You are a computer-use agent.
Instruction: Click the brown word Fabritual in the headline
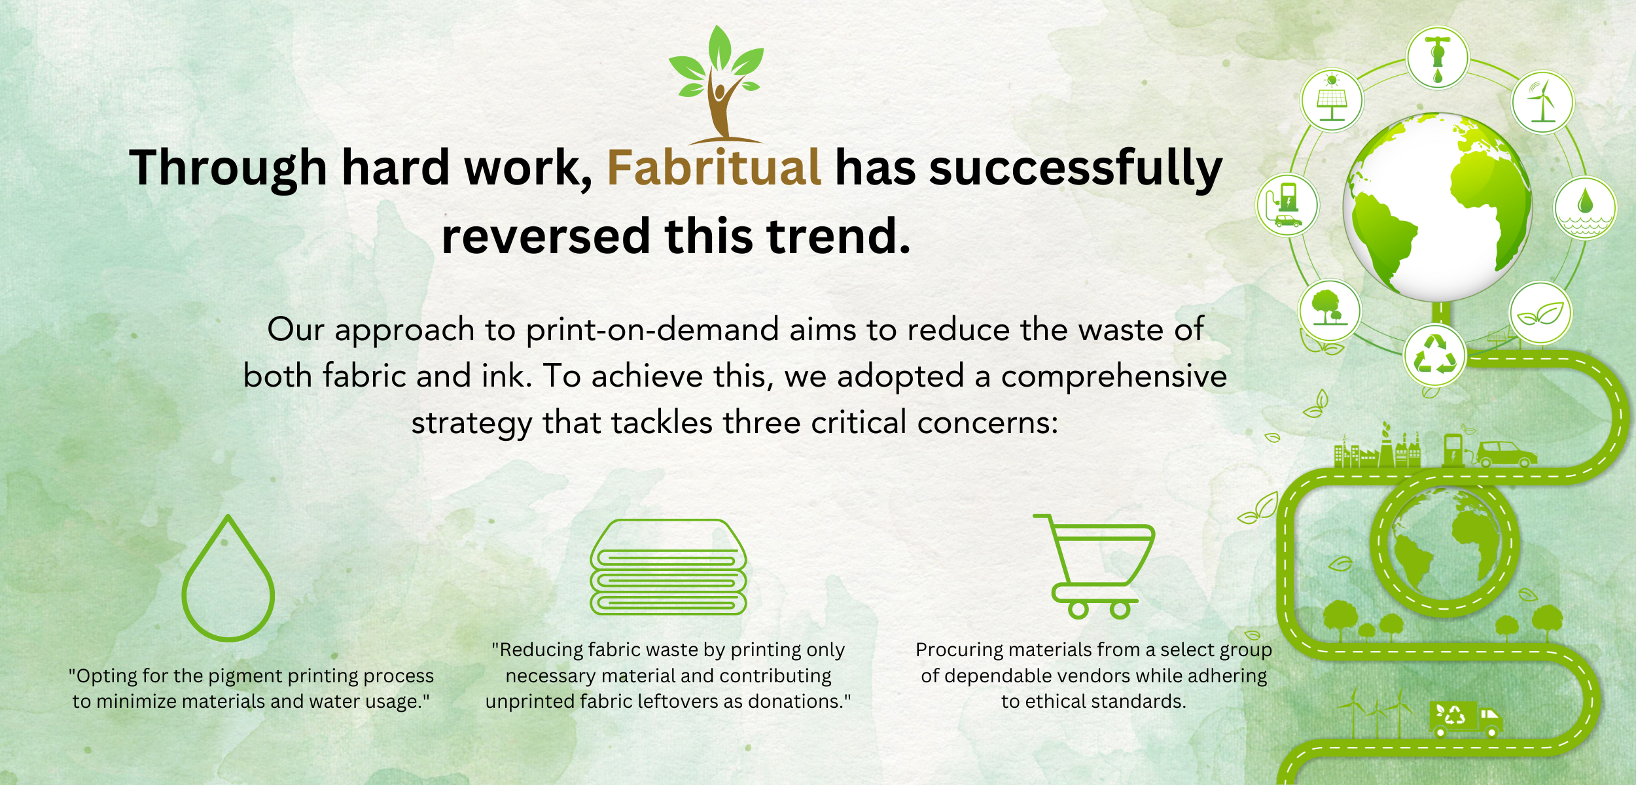click(714, 167)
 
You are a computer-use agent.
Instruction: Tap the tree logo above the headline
click(717, 84)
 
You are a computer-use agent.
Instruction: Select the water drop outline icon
click(228, 578)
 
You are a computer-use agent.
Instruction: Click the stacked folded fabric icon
click(668, 567)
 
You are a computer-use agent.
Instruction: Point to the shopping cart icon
click(1094, 567)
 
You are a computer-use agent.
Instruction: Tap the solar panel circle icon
click(1332, 100)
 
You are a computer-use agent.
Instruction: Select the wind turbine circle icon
click(1542, 103)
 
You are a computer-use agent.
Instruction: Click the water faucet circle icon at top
click(1438, 58)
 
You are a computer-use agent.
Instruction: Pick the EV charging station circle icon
click(1287, 205)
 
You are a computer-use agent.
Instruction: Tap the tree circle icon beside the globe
click(1330, 309)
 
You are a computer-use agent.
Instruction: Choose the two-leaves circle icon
click(1540, 313)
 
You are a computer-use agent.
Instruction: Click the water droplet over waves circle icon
click(1585, 208)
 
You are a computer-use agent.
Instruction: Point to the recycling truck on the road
click(1465, 720)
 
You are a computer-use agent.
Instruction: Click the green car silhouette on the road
click(1506, 454)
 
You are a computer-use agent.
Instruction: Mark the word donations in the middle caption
click(799, 701)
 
